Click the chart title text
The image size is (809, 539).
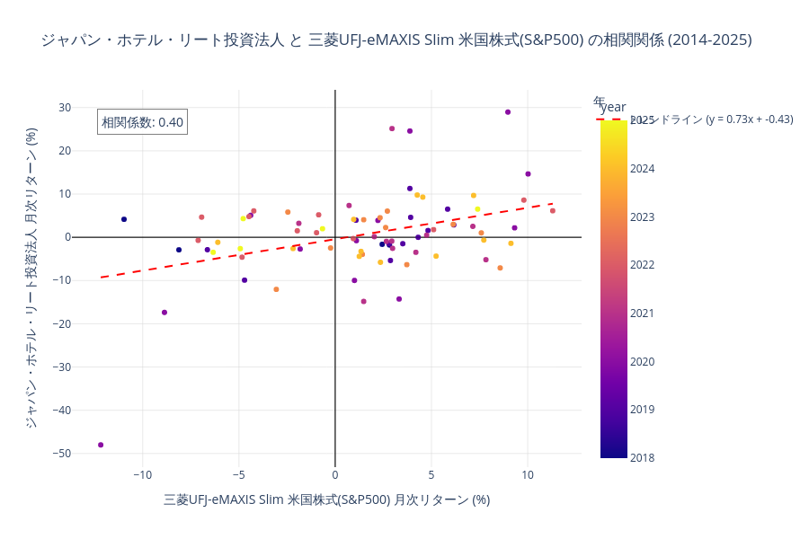(x=396, y=40)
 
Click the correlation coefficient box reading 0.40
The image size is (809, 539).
(x=142, y=122)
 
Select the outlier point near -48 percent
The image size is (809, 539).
(x=101, y=445)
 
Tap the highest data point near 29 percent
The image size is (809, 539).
(x=508, y=112)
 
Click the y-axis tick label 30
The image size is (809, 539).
(x=65, y=108)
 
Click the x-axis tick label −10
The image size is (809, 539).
(x=142, y=475)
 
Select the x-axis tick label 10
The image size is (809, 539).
(x=528, y=475)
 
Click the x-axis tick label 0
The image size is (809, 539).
(x=335, y=475)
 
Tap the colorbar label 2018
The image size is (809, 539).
(x=643, y=458)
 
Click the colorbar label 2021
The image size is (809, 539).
(x=643, y=314)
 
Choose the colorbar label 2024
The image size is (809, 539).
(x=643, y=169)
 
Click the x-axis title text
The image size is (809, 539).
(x=326, y=499)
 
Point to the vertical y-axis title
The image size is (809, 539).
(x=31, y=277)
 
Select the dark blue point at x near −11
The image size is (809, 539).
(x=124, y=219)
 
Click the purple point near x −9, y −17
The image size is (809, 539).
(x=164, y=313)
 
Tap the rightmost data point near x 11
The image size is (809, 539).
(x=553, y=211)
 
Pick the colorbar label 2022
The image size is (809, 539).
(x=643, y=265)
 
